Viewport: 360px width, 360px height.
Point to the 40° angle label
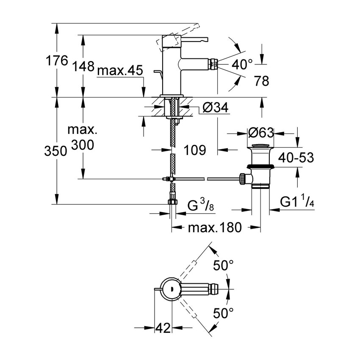tap(243, 64)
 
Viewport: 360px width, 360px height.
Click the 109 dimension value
tap(195, 150)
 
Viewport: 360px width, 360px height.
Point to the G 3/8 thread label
tap(201, 207)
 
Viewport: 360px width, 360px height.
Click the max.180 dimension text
tap(215, 228)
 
